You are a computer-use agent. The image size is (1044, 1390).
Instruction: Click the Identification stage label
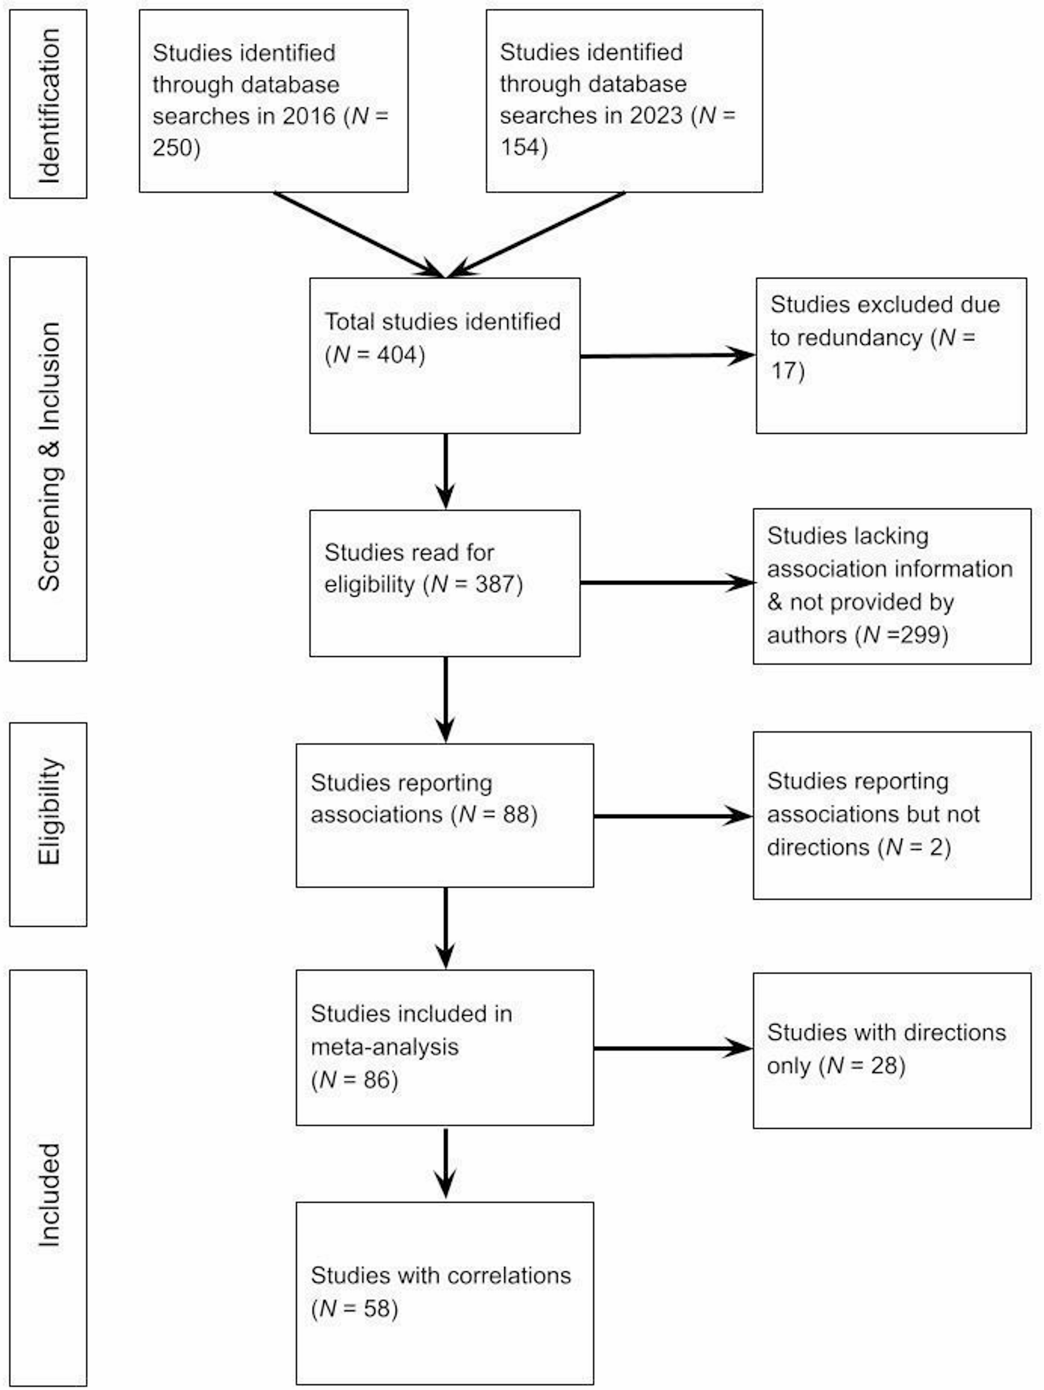[x=48, y=104]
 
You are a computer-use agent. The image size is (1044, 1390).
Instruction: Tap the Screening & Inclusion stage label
[x=48, y=457]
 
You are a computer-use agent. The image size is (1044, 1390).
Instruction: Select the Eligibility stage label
[x=48, y=811]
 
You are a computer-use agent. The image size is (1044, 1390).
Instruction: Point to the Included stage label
[x=48, y=1195]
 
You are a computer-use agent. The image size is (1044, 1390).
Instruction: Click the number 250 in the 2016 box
[x=172, y=148]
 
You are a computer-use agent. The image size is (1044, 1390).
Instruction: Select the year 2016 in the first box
[x=309, y=116]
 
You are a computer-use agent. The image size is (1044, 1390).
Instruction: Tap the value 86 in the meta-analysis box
[x=376, y=1080]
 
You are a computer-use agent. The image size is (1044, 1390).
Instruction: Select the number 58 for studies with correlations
[x=376, y=1308]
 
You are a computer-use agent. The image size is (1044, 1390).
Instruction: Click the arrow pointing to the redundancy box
[x=667, y=356]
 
